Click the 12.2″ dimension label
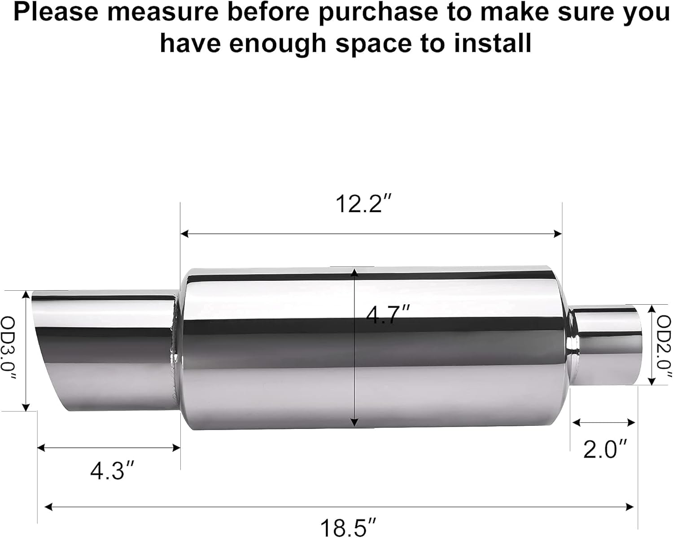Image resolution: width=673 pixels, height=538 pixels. (x=364, y=205)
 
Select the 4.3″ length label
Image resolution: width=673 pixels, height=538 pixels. (x=112, y=471)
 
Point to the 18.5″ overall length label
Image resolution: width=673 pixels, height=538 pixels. (x=348, y=528)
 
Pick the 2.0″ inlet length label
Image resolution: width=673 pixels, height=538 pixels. (x=604, y=449)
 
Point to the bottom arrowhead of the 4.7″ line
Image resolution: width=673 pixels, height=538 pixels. (x=354, y=423)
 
